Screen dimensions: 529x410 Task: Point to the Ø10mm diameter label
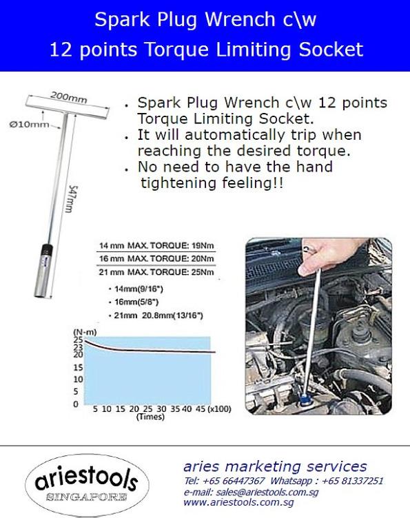[34, 124]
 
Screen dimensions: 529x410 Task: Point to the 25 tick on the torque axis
[77, 340]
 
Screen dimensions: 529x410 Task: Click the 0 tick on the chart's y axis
[77, 404]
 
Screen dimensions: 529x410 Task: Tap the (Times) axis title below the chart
[150, 417]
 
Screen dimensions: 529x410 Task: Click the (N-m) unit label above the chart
[83, 331]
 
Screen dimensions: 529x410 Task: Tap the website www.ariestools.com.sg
[238, 503]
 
